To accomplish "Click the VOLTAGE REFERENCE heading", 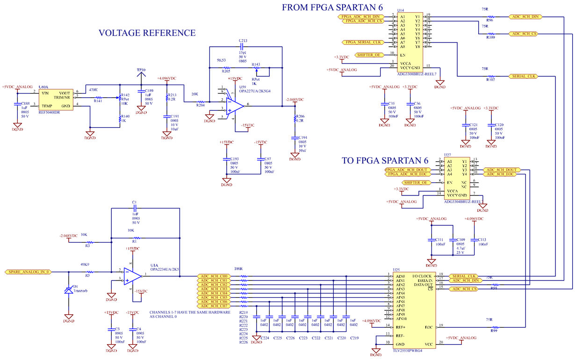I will coord(147,33).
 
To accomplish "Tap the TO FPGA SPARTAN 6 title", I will coord(391,160).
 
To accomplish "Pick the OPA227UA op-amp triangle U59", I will coord(234,106).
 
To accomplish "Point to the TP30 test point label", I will coord(141,70).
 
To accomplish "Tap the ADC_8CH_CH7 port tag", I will coord(214,306).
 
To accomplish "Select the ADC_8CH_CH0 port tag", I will coord(214,276).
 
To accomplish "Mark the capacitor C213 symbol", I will coord(243,47).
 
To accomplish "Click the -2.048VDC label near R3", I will coord(68,236).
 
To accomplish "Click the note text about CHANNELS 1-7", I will coord(190,314).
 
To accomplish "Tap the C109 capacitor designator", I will coord(460,239).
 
